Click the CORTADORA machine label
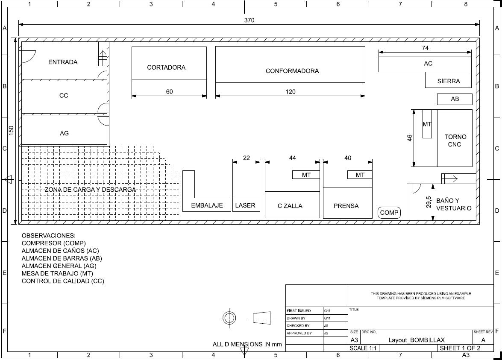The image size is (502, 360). coord(166,67)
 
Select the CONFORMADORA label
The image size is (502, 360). coord(292,71)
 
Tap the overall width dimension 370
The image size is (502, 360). coord(249,20)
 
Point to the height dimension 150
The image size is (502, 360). coord(11,130)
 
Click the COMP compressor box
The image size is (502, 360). coord(389,213)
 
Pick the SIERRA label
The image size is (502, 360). coord(449,81)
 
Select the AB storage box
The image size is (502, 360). coord(455,99)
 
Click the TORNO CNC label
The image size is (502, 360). coord(455,140)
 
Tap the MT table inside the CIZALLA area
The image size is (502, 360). coord(306,175)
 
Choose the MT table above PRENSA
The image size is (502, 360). coord(360,175)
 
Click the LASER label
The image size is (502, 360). coord(245,205)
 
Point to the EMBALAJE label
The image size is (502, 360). coord(207,205)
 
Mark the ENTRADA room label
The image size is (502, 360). coord(63,62)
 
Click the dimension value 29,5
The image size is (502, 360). coord(429,202)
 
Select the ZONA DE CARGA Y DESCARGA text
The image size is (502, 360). coord(91,190)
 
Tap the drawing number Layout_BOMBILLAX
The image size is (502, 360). coord(417,340)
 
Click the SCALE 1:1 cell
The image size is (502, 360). coord(363,348)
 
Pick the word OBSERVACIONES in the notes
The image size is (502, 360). coord(48,236)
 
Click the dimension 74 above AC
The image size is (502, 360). coord(425,48)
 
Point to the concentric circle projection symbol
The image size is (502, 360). coord(229,318)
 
